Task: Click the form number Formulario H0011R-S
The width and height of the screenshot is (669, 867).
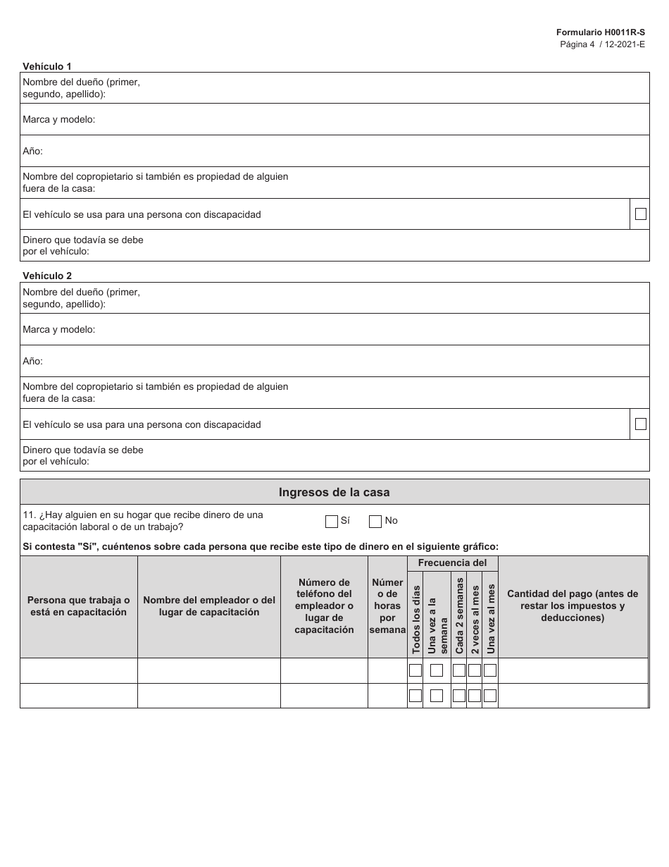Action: click(x=600, y=32)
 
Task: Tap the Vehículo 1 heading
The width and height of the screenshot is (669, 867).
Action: click(x=47, y=66)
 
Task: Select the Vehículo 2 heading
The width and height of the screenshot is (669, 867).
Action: click(x=47, y=276)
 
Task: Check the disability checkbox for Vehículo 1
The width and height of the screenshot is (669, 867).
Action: click(x=640, y=214)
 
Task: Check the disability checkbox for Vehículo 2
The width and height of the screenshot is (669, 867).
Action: click(x=640, y=424)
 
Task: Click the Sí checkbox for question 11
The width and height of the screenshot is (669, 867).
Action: click(x=332, y=522)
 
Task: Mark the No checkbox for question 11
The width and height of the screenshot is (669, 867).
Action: click(x=375, y=522)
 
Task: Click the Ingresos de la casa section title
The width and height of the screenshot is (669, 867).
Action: click(x=334, y=493)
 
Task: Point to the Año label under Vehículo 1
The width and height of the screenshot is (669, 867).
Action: click(x=32, y=152)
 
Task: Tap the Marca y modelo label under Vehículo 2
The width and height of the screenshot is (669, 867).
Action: click(x=58, y=330)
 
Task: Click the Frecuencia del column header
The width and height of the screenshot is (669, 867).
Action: click(x=452, y=563)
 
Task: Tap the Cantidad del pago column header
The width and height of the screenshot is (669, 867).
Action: click(x=573, y=606)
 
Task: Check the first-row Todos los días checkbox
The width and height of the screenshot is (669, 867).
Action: click(x=415, y=670)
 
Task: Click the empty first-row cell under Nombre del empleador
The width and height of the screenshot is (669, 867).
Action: click(x=208, y=670)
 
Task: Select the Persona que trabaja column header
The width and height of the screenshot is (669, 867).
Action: click(x=79, y=606)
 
